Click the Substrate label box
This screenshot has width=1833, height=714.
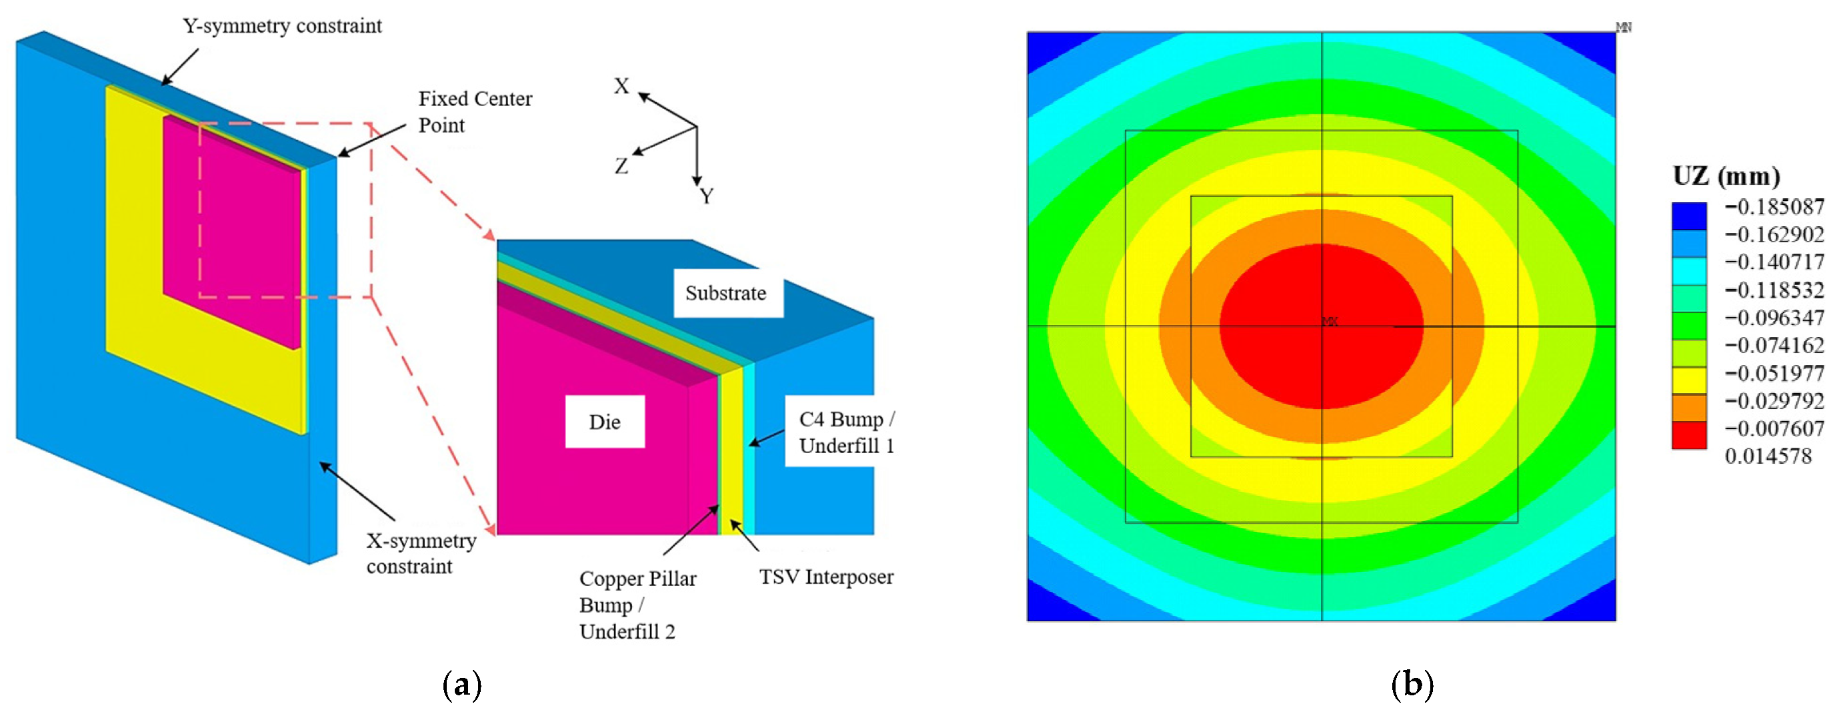[728, 292]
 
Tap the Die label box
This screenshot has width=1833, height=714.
[605, 422]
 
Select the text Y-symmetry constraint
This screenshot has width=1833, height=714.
[283, 26]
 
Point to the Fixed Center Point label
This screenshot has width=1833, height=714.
[475, 111]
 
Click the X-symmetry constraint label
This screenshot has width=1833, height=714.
[421, 553]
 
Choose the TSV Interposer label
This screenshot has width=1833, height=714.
[826, 577]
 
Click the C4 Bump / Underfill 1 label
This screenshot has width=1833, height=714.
[847, 432]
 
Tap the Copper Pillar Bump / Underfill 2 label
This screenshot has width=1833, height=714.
[637, 605]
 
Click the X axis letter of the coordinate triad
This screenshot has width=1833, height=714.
[622, 86]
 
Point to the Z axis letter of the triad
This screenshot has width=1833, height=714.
[621, 167]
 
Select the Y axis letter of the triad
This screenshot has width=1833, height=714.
[706, 196]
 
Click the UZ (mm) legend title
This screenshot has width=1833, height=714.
[1726, 175]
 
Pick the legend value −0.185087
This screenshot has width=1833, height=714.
[1774, 207]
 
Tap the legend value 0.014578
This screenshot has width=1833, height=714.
[1768, 456]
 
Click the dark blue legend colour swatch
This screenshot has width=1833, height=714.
[1689, 216]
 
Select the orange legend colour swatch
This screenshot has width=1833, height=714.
[1689, 408]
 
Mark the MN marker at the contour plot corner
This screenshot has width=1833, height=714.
[1624, 27]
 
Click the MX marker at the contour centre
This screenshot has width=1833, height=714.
[1329, 322]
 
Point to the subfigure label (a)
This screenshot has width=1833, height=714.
[462, 685]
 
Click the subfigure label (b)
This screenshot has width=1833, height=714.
[1412, 685]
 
